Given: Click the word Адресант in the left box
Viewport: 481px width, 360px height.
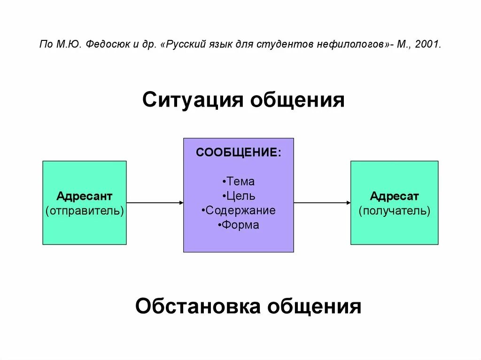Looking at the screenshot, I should (x=85, y=196).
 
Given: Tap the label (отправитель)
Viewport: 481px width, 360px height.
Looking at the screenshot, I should (x=85, y=210).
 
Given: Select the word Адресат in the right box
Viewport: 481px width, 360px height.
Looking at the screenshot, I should (x=394, y=196).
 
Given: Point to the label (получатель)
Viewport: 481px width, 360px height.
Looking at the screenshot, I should (x=394, y=210).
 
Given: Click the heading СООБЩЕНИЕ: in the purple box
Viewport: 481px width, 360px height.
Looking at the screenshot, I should (x=239, y=153).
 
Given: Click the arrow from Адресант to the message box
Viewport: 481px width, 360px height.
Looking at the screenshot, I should (x=155, y=203).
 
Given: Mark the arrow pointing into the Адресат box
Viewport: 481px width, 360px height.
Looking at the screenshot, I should (x=322, y=203).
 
